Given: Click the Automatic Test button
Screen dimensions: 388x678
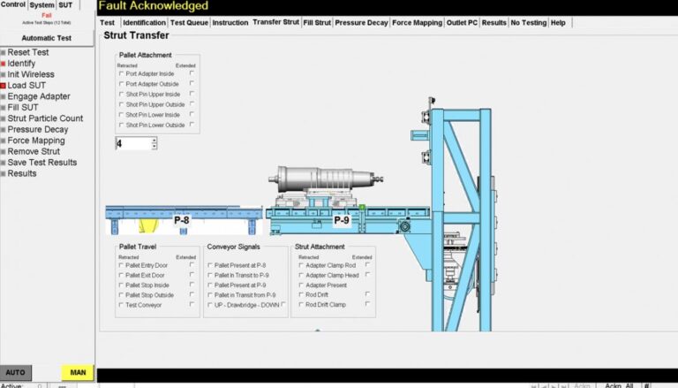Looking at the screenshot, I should (x=47, y=38).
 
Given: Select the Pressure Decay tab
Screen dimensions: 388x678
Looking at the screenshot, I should (x=361, y=22).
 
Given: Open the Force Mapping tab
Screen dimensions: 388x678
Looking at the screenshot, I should (x=418, y=22).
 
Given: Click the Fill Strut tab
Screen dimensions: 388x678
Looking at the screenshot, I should (x=316, y=22).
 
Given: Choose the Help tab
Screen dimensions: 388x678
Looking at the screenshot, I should (x=558, y=22).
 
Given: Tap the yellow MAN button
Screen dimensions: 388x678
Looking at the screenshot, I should (x=77, y=372).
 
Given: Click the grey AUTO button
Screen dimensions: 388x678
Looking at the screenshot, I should (x=16, y=372).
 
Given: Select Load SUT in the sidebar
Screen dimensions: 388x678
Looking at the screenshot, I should (x=26, y=86).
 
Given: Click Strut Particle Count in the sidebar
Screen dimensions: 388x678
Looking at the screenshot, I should (x=45, y=118).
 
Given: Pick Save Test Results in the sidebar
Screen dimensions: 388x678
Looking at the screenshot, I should (x=41, y=163).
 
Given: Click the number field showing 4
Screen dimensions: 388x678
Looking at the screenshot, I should (x=132, y=143).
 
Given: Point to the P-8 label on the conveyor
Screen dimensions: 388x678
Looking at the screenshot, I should (x=182, y=219).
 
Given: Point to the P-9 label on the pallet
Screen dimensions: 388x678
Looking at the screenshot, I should (x=342, y=219).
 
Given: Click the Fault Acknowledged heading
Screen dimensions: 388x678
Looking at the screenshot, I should (x=154, y=6).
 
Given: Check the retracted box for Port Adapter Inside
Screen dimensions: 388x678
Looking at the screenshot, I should (x=121, y=73).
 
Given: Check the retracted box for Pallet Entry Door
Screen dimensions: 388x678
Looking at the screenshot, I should (x=121, y=265).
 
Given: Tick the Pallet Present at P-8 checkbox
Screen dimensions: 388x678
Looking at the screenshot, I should (x=210, y=265).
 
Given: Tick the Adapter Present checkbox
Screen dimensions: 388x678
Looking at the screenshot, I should (x=301, y=285).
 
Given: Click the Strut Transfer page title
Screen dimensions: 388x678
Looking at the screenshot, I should (x=136, y=36).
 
